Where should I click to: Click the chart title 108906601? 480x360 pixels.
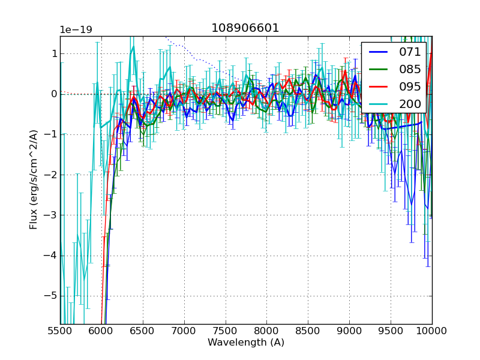245,28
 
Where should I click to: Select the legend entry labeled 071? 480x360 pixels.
410,52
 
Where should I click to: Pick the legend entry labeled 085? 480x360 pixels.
410,69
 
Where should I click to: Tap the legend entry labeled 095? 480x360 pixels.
410,86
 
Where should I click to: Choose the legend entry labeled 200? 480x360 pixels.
410,104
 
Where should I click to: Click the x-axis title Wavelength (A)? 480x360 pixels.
246,343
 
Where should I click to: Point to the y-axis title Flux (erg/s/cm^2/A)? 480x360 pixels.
34,179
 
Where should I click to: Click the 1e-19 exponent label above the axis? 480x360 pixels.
76,30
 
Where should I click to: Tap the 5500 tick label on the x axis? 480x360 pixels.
60,331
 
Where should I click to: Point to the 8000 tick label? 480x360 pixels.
266,331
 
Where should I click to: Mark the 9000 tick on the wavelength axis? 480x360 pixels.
349,331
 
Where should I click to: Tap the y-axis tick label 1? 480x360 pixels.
54,53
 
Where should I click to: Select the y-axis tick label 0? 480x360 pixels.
54,94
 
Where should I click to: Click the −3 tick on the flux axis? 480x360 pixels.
50,215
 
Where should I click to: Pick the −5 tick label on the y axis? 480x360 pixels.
50,296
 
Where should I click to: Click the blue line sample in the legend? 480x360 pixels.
379,52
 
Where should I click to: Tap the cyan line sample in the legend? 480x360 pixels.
379,104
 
